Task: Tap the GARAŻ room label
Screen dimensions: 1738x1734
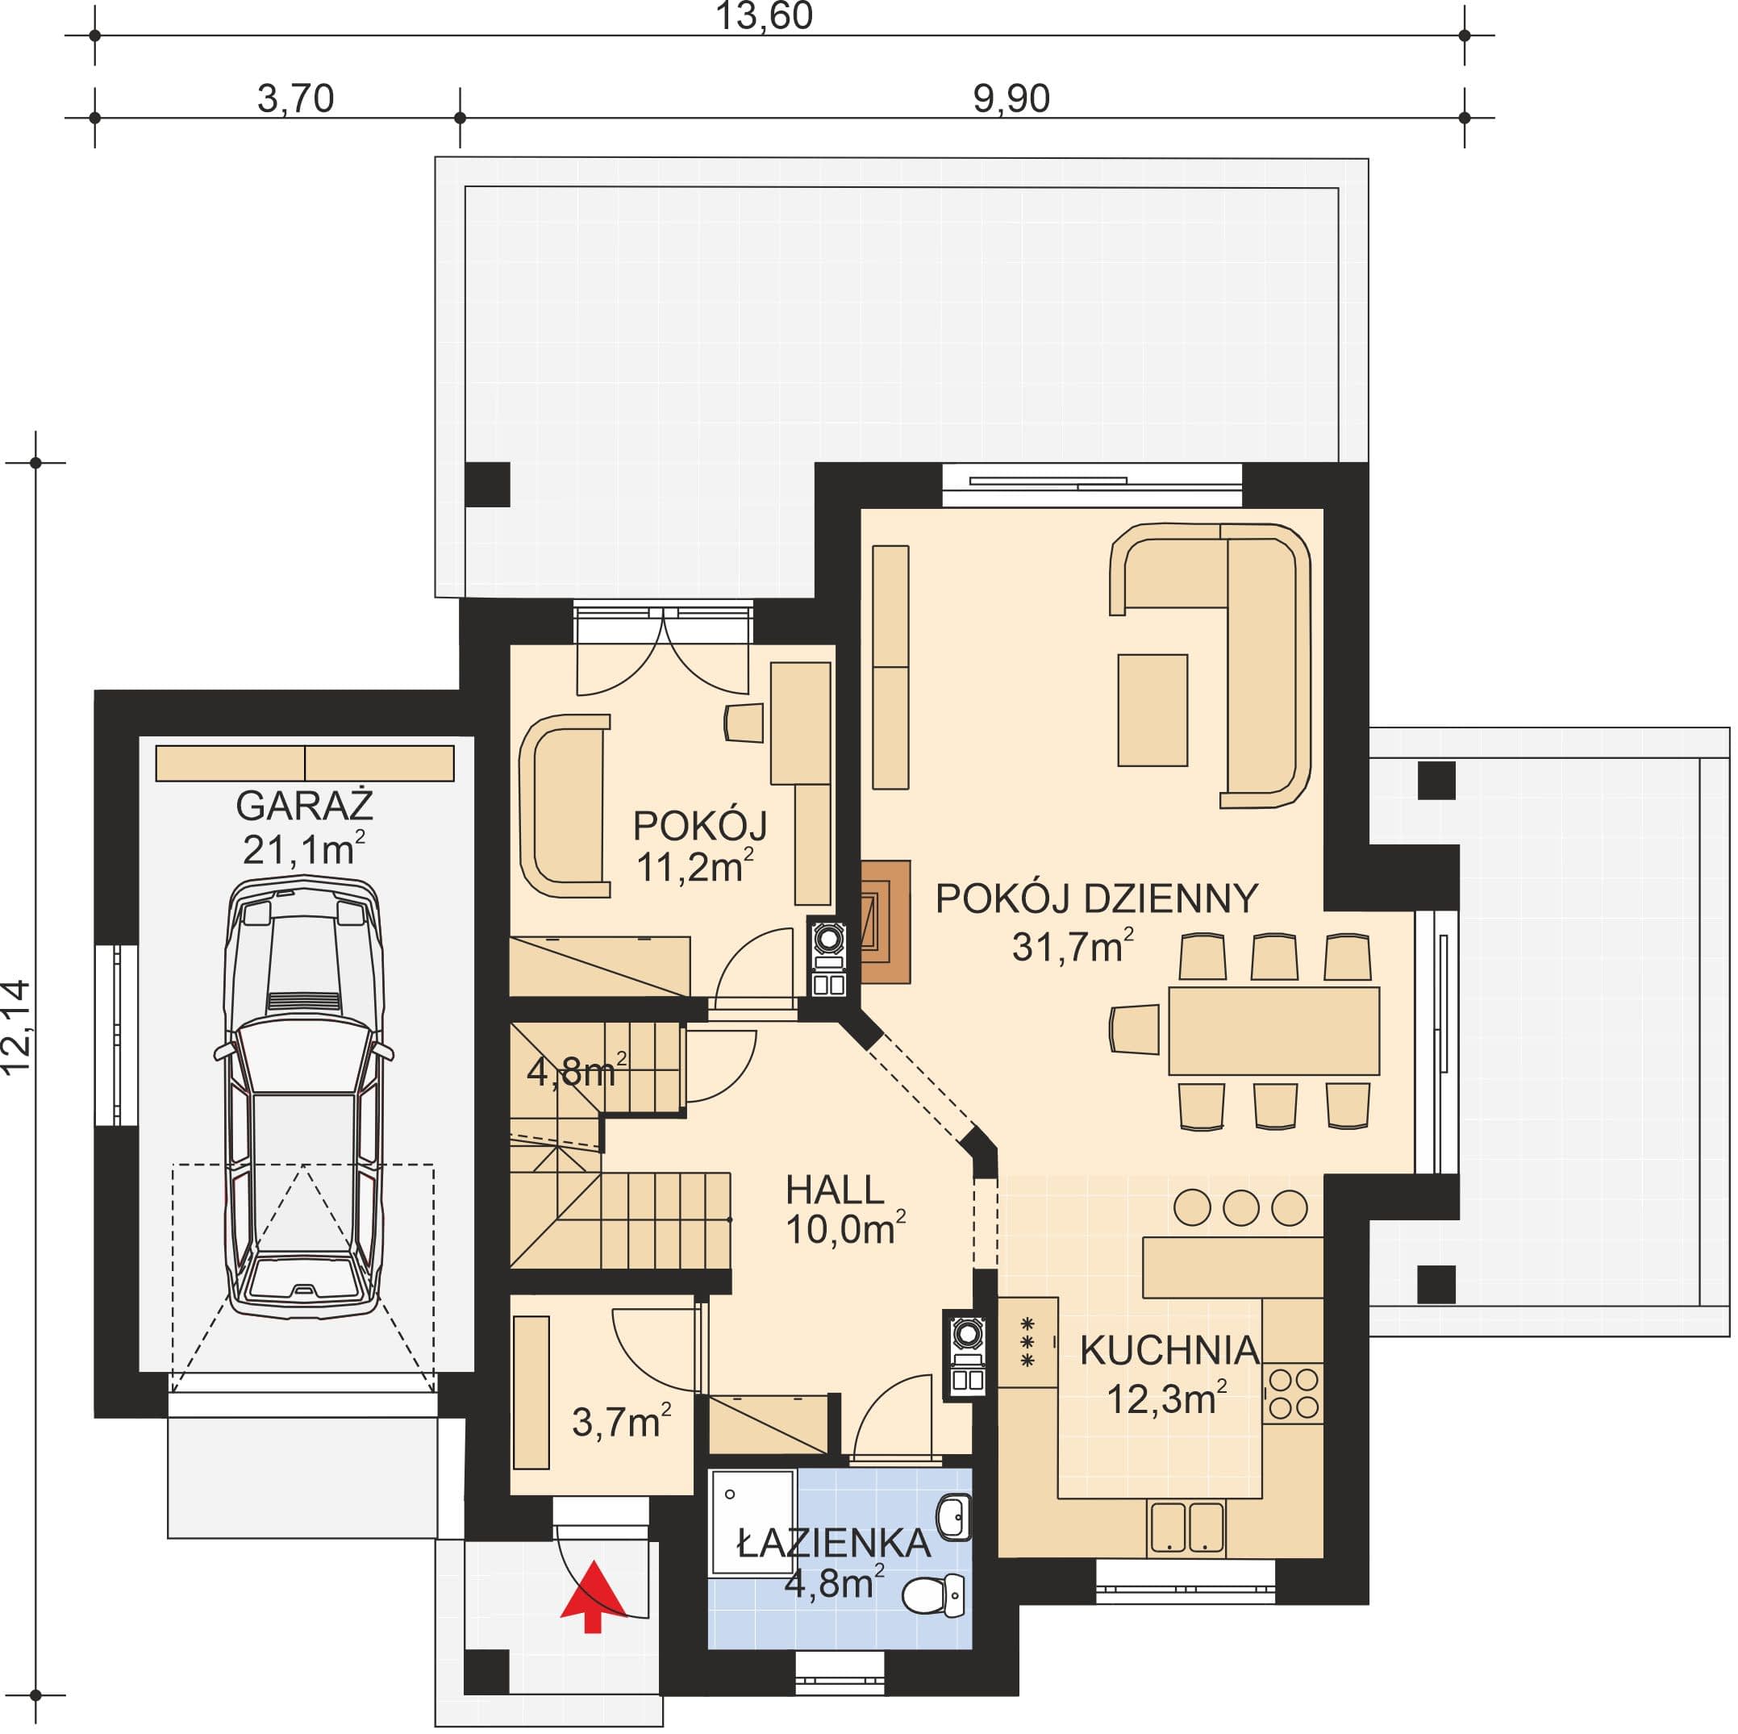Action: [304, 806]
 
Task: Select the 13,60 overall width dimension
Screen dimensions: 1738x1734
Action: [764, 16]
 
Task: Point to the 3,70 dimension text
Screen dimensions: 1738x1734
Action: [295, 98]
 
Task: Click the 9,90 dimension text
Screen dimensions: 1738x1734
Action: [1011, 98]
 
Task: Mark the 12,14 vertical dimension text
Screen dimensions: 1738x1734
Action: [17, 1027]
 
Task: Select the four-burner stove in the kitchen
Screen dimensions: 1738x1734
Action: [1293, 1393]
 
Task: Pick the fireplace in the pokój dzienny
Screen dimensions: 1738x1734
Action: [886, 922]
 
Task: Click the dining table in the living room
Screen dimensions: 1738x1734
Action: [1273, 1031]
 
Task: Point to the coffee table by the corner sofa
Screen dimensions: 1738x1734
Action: [1152, 711]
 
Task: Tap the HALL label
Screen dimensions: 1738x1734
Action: [835, 1190]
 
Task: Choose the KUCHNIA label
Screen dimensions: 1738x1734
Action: [1169, 1350]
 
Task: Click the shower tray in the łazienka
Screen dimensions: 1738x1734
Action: [752, 1524]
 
